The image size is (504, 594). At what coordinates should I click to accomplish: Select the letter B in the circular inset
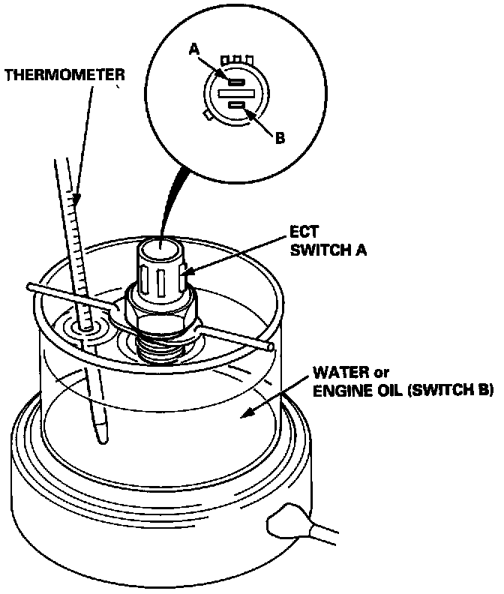[280, 138]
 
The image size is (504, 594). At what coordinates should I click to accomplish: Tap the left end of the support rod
[31, 286]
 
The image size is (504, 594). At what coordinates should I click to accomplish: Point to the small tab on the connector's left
[205, 116]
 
